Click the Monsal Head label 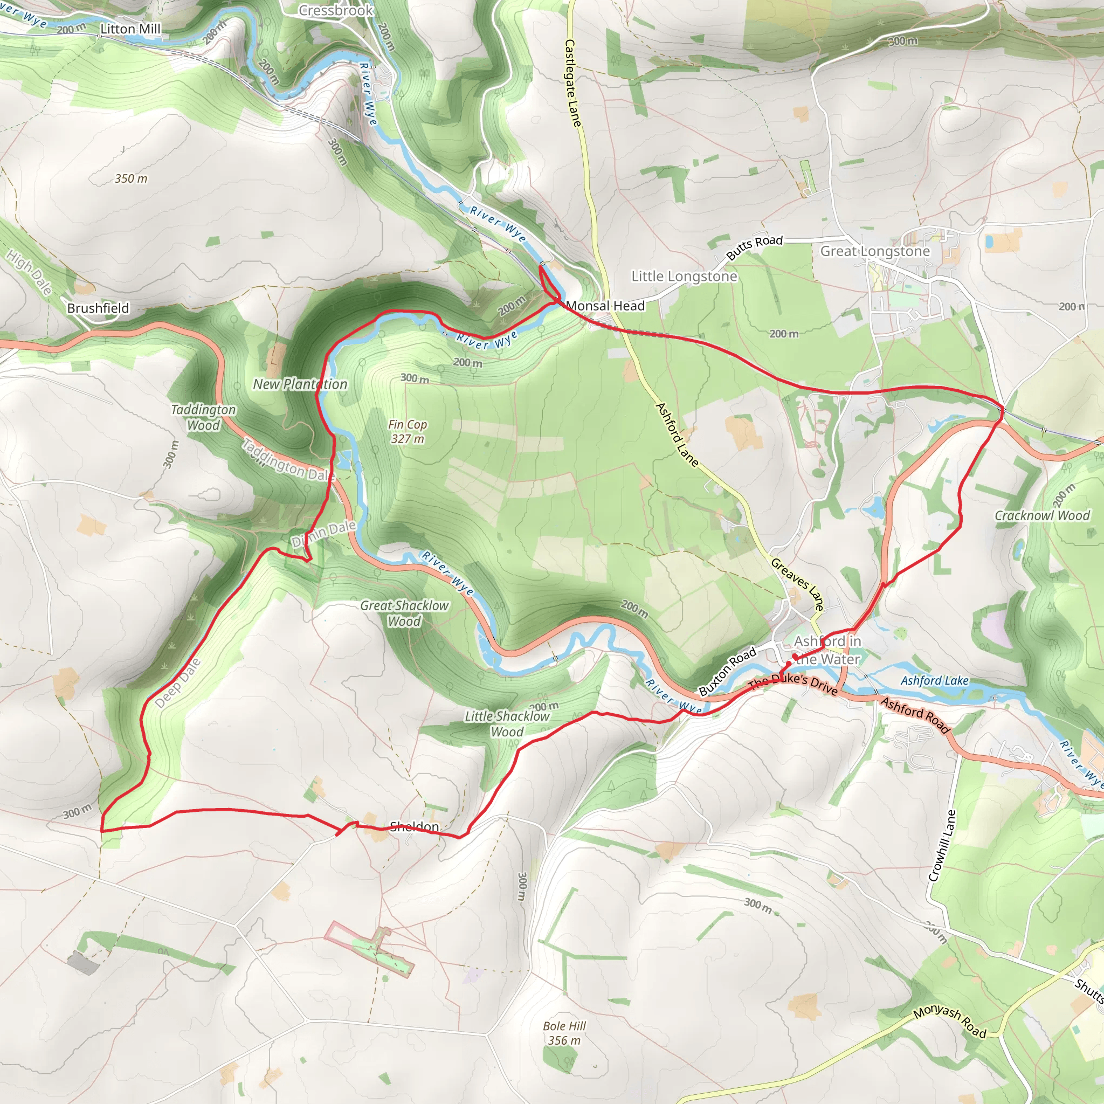click(x=605, y=306)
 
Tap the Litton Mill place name click(x=130, y=29)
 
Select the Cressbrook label click(x=336, y=10)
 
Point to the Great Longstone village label click(x=875, y=251)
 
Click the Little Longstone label click(x=684, y=277)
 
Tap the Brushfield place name click(x=98, y=308)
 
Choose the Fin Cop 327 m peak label click(x=407, y=431)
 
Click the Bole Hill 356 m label click(x=564, y=1033)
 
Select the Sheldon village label click(x=415, y=826)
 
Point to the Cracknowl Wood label click(x=1043, y=515)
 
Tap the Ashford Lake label click(x=934, y=681)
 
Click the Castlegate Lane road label click(x=572, y=83)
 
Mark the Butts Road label click(x=754, y=247)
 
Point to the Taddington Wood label click(x=203, y=417)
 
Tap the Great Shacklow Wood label click(x=405, y=613)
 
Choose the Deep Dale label click(x=178, y=684)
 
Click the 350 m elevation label click(x=131, y=179)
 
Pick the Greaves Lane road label click(x=798, y=584)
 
